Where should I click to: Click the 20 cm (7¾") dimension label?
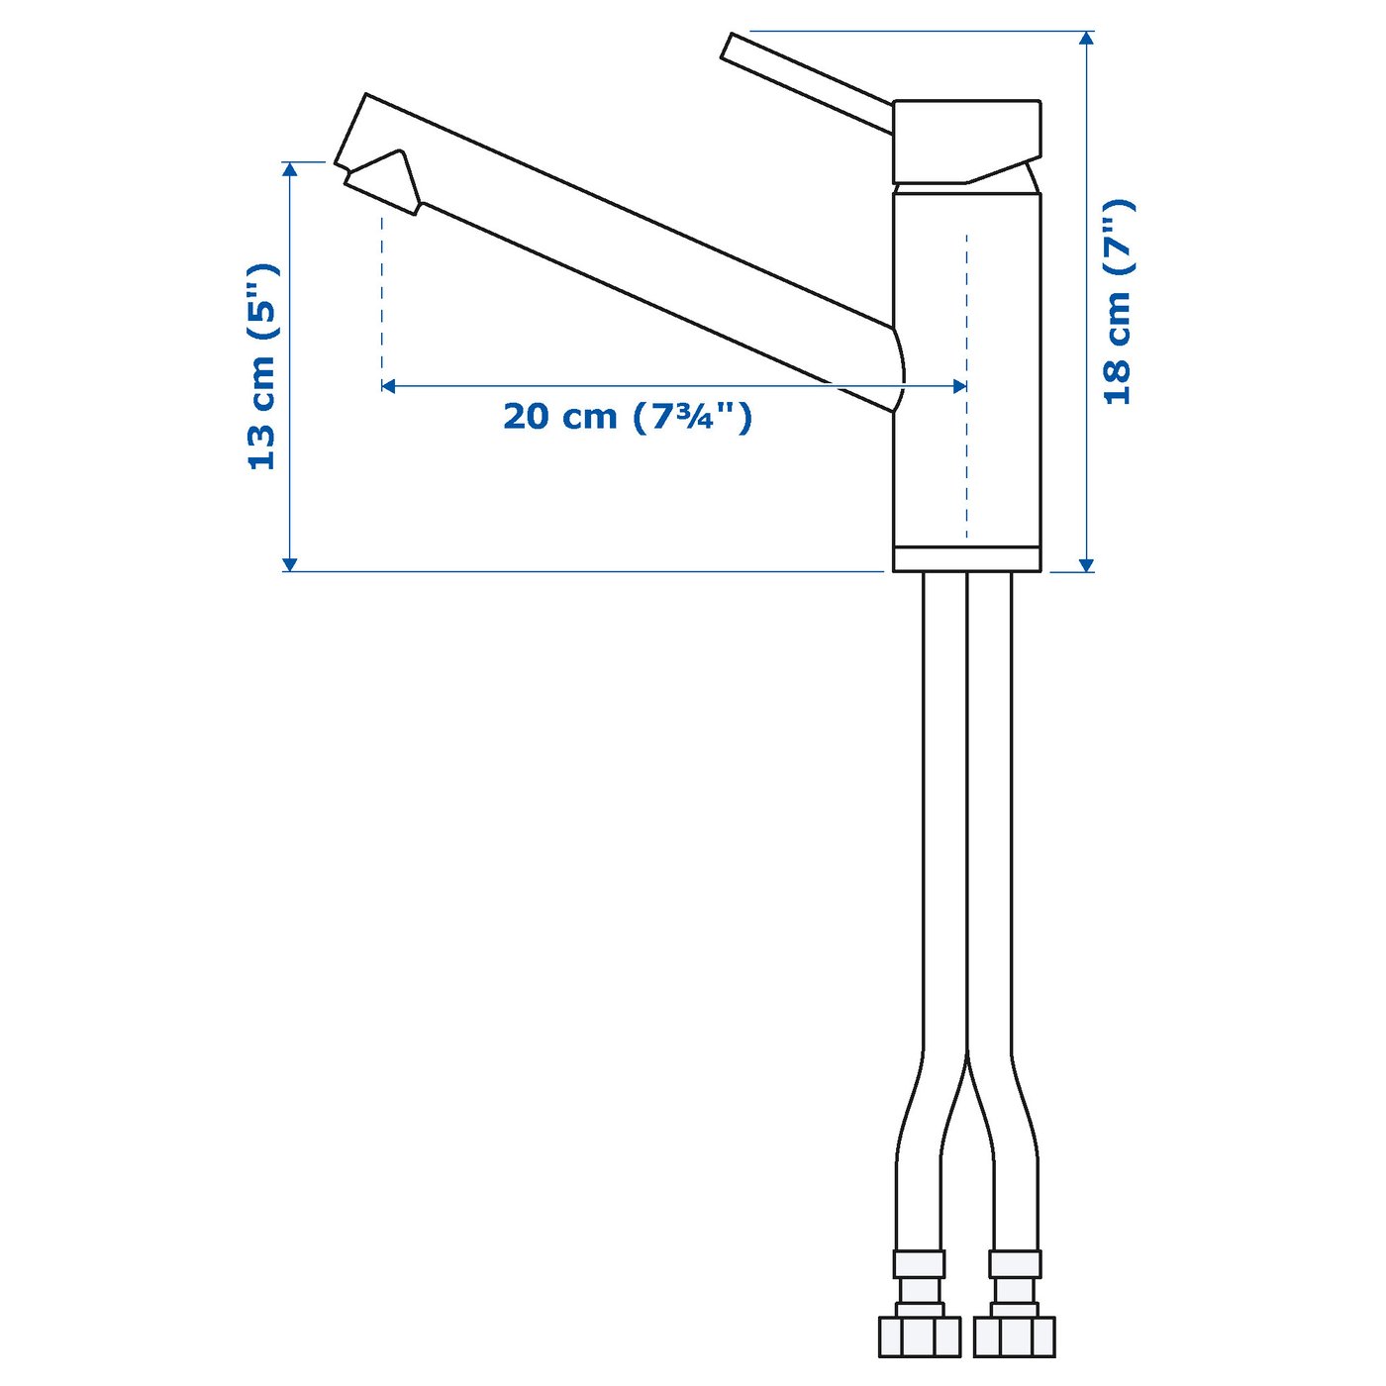627,417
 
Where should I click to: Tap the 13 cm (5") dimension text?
261,366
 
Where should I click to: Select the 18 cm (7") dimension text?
1118,302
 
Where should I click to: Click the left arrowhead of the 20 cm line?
388,386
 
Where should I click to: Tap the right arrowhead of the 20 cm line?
959,386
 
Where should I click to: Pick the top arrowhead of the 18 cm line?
1086,38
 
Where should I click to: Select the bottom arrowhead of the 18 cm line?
1086,564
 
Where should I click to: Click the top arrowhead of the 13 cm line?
290,169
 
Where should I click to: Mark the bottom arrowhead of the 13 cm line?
290,564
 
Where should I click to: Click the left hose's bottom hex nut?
919,1336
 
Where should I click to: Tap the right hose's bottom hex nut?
1014,1336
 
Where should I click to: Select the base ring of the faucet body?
966,559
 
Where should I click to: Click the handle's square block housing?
966,139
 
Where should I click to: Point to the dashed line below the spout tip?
382,297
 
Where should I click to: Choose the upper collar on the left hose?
920,1264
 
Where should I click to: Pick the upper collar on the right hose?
1015,1264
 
